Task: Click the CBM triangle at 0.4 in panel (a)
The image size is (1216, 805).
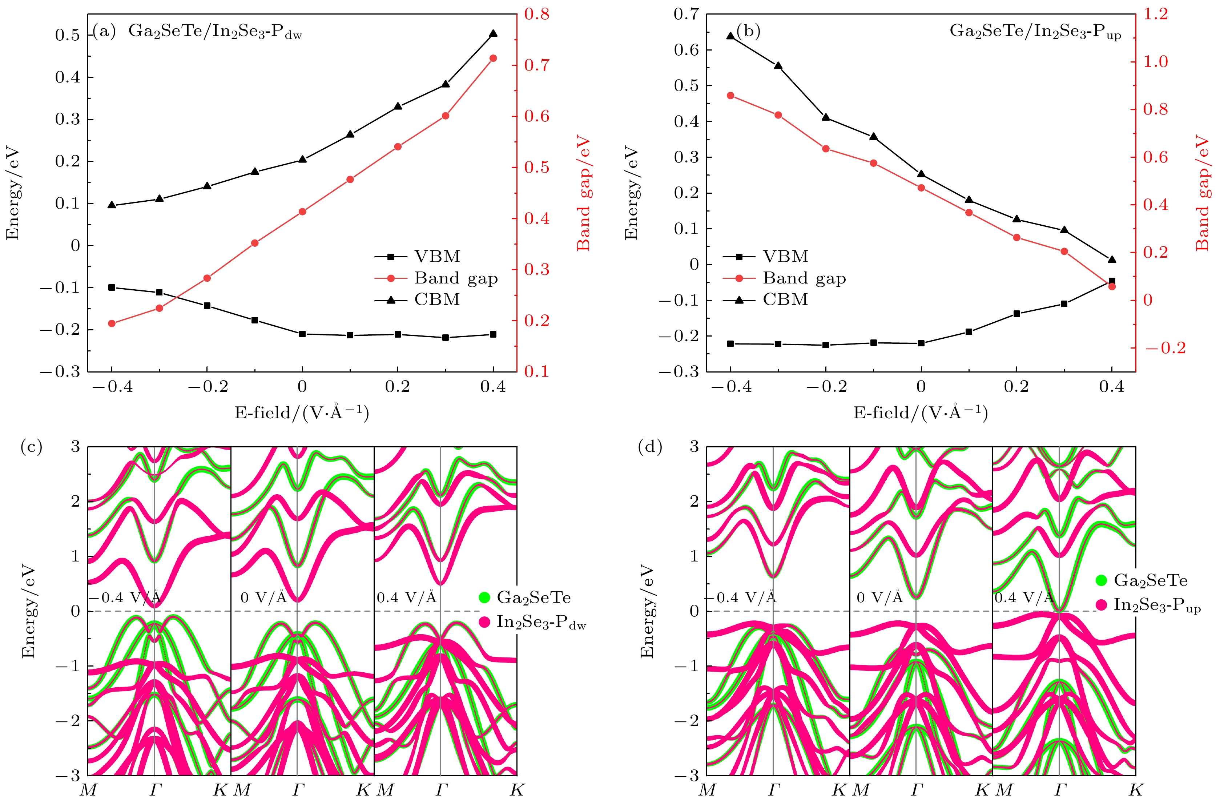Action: [x=493, y=34]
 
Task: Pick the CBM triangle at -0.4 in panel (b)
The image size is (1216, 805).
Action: [x=730, y=36]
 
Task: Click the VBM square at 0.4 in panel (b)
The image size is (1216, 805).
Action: [x=1112, y=281]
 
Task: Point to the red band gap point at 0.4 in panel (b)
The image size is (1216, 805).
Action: [x=1112, y=286]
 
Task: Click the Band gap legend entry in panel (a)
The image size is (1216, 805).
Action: [x=456, y=278]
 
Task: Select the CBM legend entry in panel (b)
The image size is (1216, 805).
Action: [x=785, y=299]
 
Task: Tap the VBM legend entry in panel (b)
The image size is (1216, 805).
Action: [x=785, y=256]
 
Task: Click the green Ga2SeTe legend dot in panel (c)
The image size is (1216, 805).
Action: [x=484, y=597]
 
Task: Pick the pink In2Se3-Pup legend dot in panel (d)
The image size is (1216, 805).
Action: [x=1101, y=605]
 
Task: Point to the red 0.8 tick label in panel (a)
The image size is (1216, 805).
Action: [x=536, y=14]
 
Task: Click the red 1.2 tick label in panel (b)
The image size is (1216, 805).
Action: [x=1155, y=14]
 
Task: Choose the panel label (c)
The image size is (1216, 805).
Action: [x=31, y=447]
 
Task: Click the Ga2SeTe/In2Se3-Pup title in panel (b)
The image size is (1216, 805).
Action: [x=1035, y=32]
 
